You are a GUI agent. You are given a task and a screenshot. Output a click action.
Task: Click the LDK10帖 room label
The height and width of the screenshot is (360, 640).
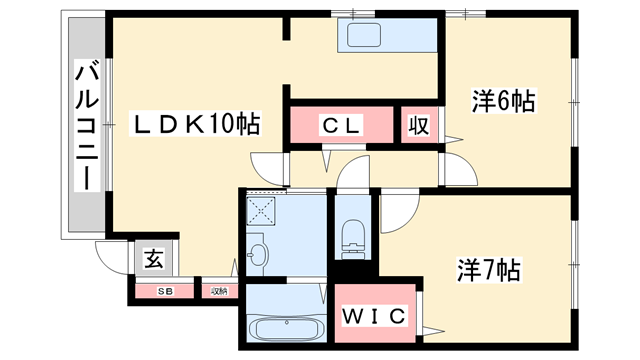(x=198, y=124)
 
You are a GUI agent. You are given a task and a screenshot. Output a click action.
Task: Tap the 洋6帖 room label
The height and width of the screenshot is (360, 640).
(x=503, y=100)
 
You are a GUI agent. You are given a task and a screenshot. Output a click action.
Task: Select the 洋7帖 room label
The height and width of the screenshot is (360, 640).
(x=489, y=270)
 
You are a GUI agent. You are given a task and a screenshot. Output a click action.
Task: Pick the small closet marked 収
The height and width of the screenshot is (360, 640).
(x=418, y=126)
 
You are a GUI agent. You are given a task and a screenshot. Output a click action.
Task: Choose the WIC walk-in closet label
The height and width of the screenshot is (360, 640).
(x=376, y=317)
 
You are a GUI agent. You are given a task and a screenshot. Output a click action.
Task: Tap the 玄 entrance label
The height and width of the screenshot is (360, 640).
(x=154, y=259)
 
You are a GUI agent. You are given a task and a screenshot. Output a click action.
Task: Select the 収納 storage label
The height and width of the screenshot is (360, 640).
(x=218, y=291)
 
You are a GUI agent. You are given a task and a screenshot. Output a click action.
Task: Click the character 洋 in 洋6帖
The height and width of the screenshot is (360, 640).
(x=482, y=100)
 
